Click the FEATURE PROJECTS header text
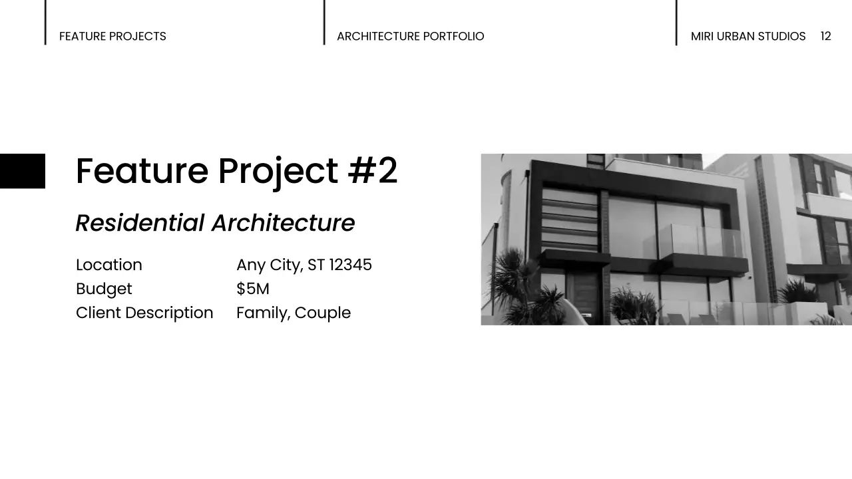click(x=112, y=37)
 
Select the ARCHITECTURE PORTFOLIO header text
click(x=410, y=37)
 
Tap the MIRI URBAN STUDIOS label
click(x=747, y=37)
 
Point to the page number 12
click(x=825, y=37)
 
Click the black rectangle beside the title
click(x=23, y=171)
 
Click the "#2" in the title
click(x=373, y=171)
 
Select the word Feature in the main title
click(x=142, y=171)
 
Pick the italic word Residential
click(x=140, y=223)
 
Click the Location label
click(x=109, y=265)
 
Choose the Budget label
click(x=104, y=289)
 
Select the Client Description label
click(x=144, y=313)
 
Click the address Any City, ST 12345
click(x=304, y=265)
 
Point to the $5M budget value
click(x=252, y=289)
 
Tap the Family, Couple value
click(x=293, y=313)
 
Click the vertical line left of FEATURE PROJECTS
click(x=45, y=23)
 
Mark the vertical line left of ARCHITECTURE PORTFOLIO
click(x=324, y=23)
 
